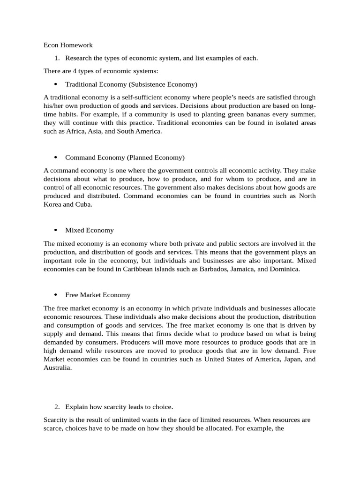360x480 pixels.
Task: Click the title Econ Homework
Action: pyautogui.click(x=68, y=45)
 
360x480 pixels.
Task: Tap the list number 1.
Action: pyautogui.click(x=57, y=58)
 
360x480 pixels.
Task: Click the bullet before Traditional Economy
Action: pyautogui.click(x=56, y=85)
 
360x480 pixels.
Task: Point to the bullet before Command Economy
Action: pyautogui.click(x=56, y=157)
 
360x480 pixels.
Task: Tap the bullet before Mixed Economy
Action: pyautogui.click(x=56, y=231)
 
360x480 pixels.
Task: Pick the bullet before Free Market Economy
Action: pyautogui.click(x=56, y=295)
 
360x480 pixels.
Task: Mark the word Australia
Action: pyautogui.click(x=58, y=368)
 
